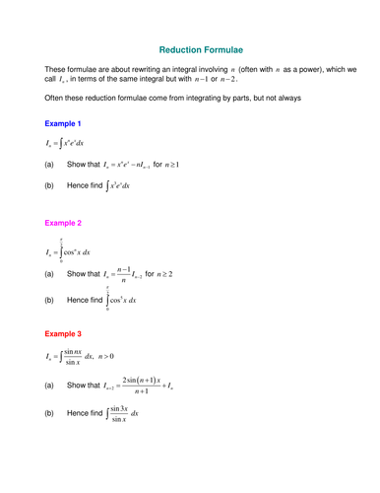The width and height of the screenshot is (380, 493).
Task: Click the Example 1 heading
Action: pyautogui.click(x=63, y=123)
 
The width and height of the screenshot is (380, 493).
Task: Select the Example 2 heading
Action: pyautogui.click(x=63, y=224)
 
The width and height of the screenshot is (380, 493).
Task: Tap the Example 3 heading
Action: pyautogui.click(x=63, y=334)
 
